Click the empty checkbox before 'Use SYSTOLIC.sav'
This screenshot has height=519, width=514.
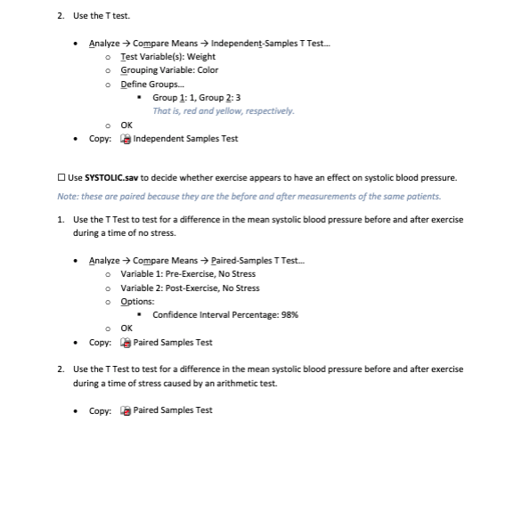[61, 178]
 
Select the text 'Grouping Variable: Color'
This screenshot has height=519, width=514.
[169, 69]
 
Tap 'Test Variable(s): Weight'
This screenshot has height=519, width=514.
[167, 56]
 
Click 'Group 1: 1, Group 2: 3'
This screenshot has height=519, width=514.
[196, 97]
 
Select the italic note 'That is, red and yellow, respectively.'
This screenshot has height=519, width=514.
[223, 110]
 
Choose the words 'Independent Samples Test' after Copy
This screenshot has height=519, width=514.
[185, 139]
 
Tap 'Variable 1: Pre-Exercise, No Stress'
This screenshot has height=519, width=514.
[187, 274]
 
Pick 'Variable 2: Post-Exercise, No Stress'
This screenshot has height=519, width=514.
[190, 288]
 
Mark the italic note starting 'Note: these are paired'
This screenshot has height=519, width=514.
[249, 196]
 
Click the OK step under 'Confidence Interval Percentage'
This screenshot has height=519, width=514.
[126, 328]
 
